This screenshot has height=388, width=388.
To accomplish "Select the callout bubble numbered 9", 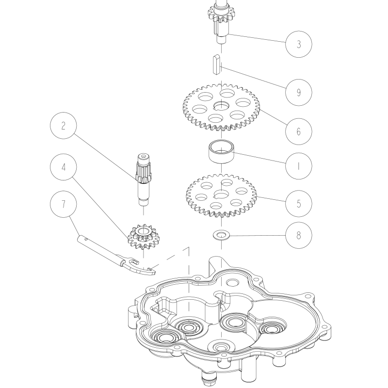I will coord(298,92).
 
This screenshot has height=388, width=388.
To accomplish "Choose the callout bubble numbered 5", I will coord(298,201).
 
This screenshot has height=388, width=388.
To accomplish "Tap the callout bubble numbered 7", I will coord(64,204).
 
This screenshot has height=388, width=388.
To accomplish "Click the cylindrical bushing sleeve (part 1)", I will coord(221,153).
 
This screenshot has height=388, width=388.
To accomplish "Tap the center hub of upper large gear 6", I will coord(222,106).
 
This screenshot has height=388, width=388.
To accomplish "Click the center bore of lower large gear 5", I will coord(222,194).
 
